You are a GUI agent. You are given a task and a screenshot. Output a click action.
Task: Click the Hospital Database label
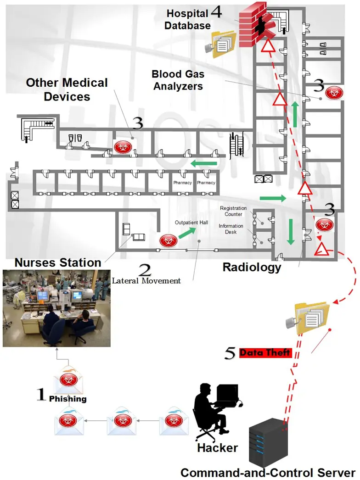pos(188,19)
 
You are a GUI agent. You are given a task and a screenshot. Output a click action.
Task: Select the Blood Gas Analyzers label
pos(178,79)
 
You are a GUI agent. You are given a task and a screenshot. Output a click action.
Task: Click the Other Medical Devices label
pos(67,89)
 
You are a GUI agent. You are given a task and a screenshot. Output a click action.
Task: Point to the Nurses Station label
pos(58,262)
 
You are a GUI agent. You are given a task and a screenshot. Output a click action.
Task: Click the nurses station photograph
pos(57,308)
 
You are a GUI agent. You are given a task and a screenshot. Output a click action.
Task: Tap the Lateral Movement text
pos(146,281)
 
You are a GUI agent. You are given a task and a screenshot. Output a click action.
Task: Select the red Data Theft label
pos(265,352)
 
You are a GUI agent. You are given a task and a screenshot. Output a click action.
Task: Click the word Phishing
pos(67,399)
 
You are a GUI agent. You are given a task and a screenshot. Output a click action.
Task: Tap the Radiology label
pos(252,267)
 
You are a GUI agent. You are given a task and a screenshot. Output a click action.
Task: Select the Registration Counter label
pos(234,212)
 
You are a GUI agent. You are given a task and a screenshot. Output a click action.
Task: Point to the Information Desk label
pos(231,229)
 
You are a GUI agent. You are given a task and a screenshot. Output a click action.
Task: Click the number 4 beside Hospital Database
pos(216,13)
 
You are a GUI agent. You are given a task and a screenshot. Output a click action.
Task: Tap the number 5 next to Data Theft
pos(231,353)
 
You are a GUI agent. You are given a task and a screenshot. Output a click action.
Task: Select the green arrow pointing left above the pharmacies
pos(204,163)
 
